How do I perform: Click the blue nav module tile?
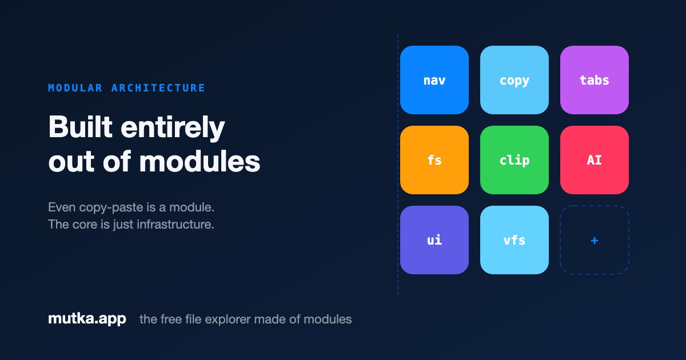pos(434,80)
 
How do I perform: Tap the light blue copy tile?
pos(514,80)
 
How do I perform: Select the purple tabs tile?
pos(595,80)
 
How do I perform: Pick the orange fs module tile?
pos(434,160)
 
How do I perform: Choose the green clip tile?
pos(514,160)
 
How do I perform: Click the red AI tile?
pos(595,160)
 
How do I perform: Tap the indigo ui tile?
pos(434,240)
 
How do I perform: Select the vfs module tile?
pos(514,240)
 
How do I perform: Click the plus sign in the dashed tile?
pos(595,241)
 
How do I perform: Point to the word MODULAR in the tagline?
pos(75,88)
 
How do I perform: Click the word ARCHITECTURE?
pos(158,88)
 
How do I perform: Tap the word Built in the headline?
pos(80,127)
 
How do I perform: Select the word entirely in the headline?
pos(173,129)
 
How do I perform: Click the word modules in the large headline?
pos(200,161)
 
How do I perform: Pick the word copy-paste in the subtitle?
pos(111,208)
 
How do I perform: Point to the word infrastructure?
pos(175,225)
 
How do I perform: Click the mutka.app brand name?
pos(87,319)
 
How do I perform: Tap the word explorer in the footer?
pos(228,319)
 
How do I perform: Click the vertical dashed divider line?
pos(398,165)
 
